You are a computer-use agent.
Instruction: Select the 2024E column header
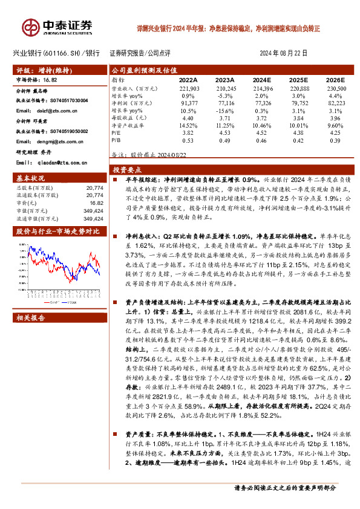coord(261,79)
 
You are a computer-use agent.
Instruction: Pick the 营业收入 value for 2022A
coord(189,88)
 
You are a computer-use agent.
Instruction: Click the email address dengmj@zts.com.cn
coord(55,141)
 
